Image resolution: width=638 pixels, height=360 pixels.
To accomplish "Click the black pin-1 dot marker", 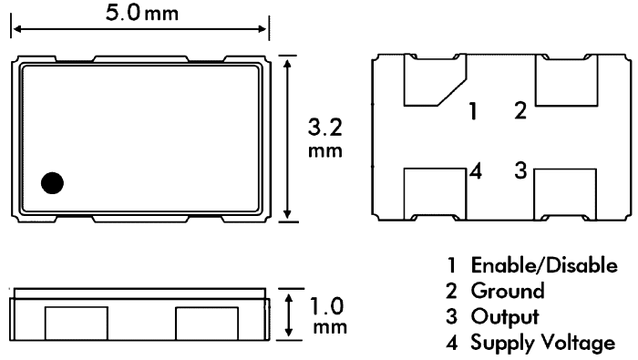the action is [53, 182].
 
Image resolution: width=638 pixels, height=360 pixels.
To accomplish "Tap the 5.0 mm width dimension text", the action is [141, 13].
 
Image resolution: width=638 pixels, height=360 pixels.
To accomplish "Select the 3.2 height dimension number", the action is [325, 128].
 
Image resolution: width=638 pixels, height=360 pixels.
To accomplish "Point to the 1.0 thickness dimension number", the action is [326, 306].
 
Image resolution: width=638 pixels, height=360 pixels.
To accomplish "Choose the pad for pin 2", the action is [566, 80].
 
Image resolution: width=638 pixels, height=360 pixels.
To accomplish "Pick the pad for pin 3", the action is [565, 194].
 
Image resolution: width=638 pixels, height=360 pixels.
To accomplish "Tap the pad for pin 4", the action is [435, 194].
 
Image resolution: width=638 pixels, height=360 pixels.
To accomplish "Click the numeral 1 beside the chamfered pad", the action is [473, 111].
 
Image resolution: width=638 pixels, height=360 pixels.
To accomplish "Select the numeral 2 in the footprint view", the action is [520, 110].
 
